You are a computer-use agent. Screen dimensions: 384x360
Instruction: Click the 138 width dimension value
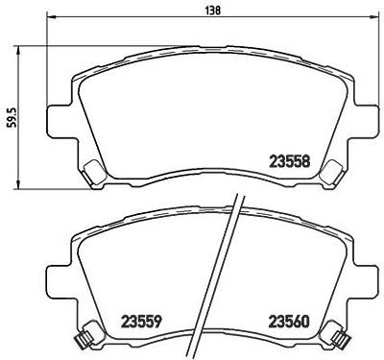point(212,10)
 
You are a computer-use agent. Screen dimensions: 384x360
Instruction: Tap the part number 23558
point(290,161)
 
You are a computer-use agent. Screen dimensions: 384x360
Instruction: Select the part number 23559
point(140,321)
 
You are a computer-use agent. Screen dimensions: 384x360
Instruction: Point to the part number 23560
point(290,321)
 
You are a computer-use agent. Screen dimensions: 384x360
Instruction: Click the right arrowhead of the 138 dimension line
point(374,16)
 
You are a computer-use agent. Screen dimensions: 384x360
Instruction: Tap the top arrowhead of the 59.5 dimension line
point(18,51)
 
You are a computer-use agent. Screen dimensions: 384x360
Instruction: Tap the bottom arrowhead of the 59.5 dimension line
point(18,184)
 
